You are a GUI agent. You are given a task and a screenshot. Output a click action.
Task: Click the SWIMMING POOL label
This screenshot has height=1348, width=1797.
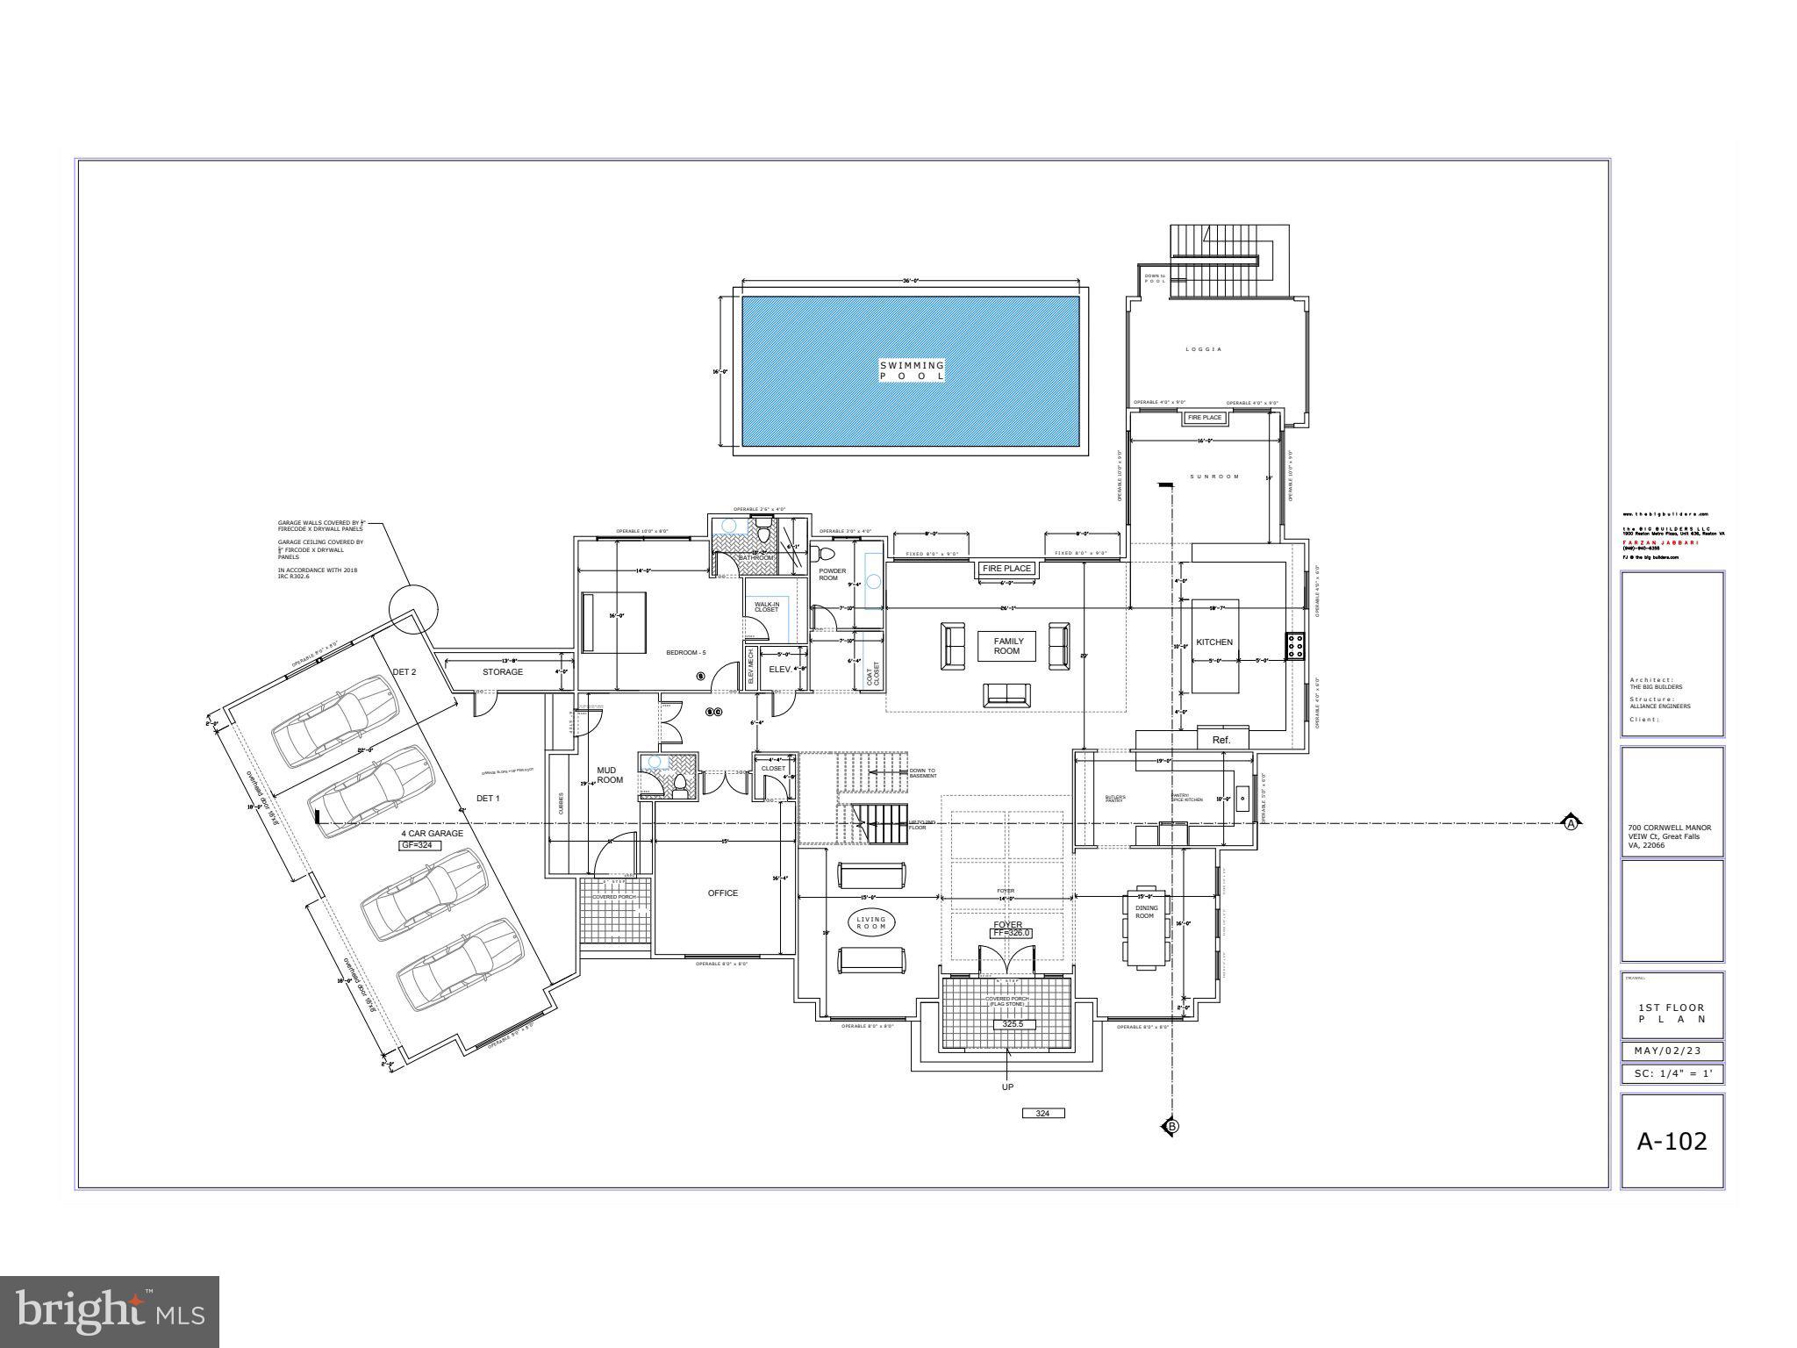point(913,370)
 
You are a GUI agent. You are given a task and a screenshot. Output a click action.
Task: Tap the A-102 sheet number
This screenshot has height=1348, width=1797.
point(1672,1141)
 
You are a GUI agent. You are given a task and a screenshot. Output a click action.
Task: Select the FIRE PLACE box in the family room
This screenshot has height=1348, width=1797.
point(1006,569)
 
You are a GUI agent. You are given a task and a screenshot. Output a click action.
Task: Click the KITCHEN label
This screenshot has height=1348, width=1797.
point(1214,642)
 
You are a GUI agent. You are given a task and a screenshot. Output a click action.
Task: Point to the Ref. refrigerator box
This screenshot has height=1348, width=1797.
point(1221,740)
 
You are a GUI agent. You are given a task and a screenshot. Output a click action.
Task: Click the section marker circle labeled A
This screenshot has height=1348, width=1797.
point(1571,823)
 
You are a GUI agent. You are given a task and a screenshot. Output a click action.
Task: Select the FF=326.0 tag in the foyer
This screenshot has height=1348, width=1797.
point(1011,934)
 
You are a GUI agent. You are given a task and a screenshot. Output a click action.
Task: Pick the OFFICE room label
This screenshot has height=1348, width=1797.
point(723,893)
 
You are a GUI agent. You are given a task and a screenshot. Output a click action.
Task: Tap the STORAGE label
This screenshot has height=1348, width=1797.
point(503,672)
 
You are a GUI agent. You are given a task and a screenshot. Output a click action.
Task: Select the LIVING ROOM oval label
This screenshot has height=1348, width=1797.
point(871,922)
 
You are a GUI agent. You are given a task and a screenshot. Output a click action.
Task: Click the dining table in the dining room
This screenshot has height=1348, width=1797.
point(1147,929)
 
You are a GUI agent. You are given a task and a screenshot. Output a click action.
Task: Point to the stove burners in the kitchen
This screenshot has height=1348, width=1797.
point(1295,647)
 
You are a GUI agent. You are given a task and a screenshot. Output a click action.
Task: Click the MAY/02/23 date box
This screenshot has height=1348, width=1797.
point(1672,1050)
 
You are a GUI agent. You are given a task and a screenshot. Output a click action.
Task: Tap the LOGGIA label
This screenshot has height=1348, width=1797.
point(1204,349)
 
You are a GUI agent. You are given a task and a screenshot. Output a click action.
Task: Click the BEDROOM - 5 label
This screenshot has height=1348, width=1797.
point(685,653)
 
